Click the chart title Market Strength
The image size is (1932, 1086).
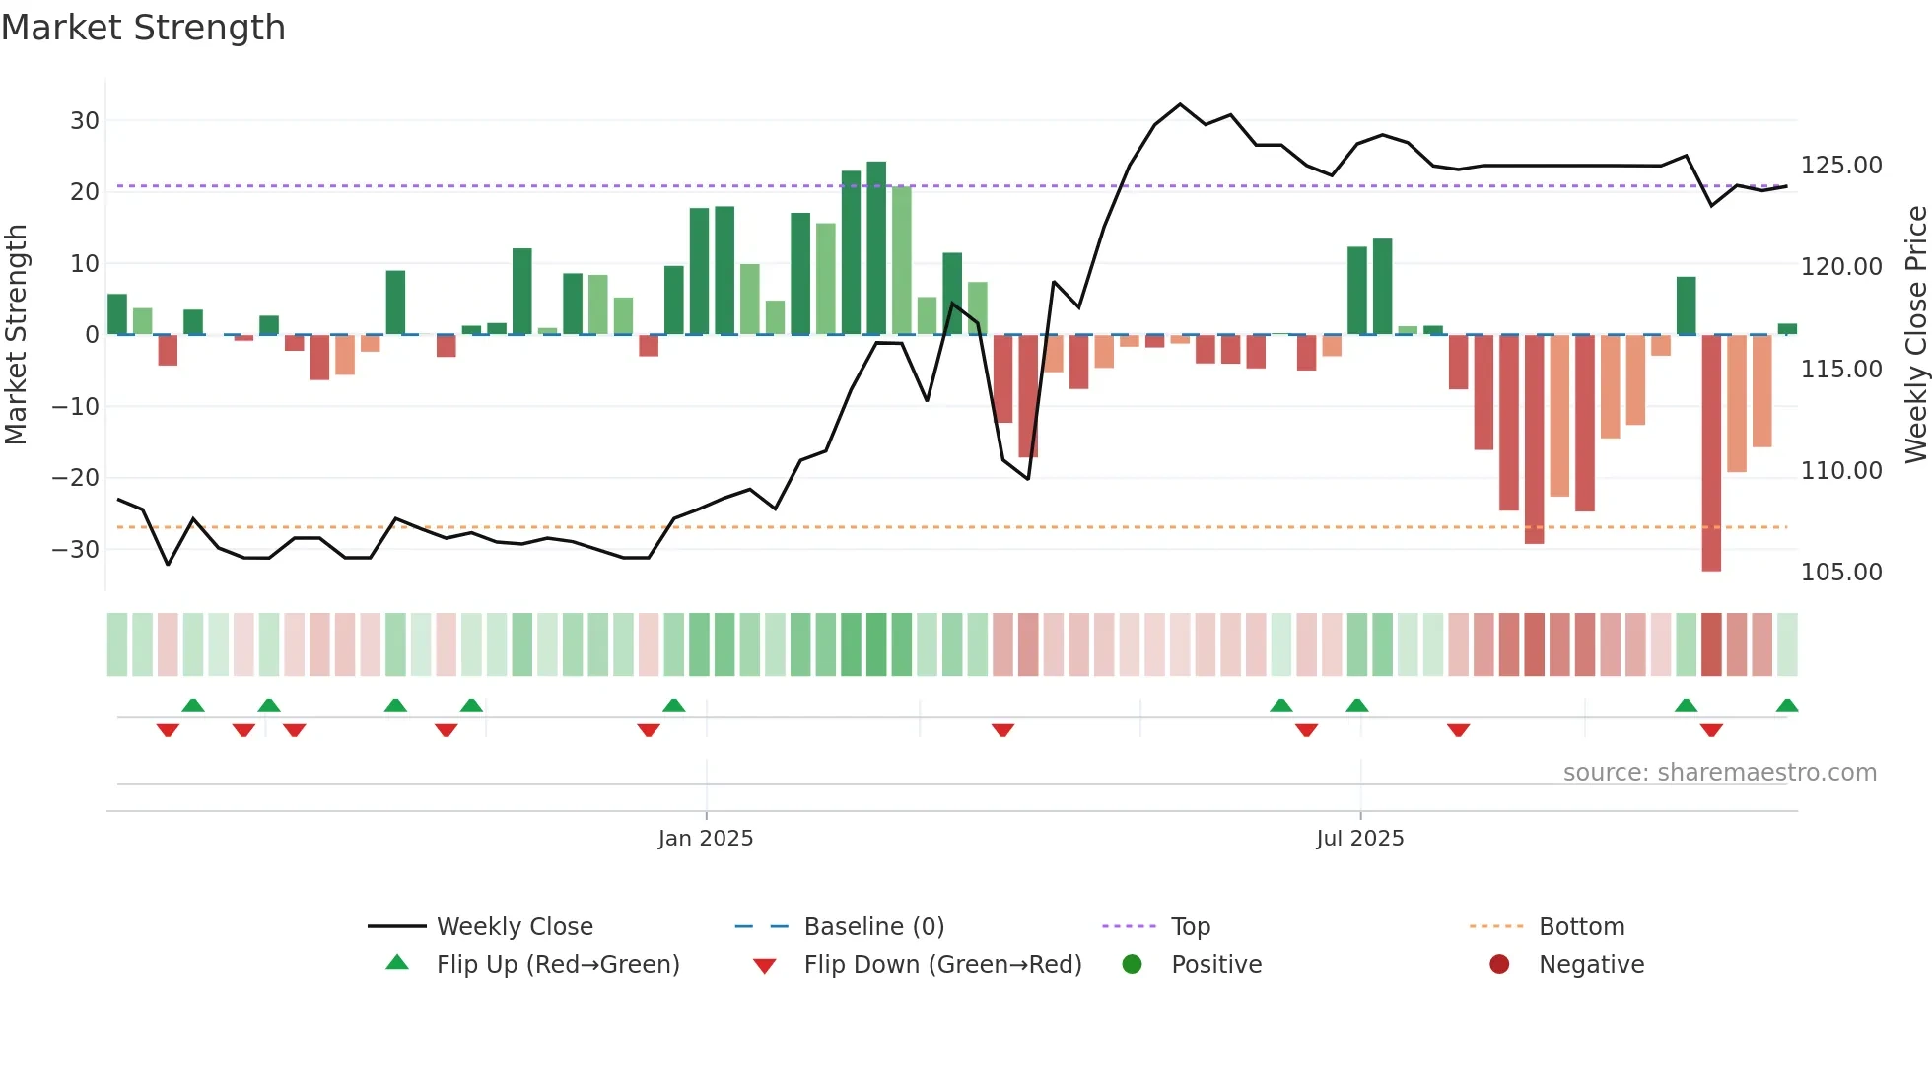pyautogui.click(x=143, y=28)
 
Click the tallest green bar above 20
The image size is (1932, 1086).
pyautogui.click(x=876, y=246)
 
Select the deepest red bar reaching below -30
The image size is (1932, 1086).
pyautogui.click(x=1711, y=453)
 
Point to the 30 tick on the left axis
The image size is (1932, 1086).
pyautogui.click(x=85, y=121)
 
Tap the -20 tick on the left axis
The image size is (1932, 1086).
pyautogui.click(x=76, y=478)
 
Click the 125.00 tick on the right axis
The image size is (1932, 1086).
pyautogui.click(x=1841, y=166)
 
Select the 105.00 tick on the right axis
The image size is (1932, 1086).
pyautogui.click(x=1841, y=573)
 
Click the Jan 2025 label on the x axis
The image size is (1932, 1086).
pyautogui.click(x=706, y=839)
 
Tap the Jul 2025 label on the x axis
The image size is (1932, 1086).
pyautogui.click(x=1359, y=839)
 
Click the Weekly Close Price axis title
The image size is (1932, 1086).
pyautogui.click(x=1915, y=335)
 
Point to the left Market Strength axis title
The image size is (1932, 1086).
pyautogui.click(x=16, y=335)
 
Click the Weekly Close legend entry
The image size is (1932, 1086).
pyautogui.click(x=515, y=927)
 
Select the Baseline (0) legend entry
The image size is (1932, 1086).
pyautogui.click(x=873, y=927)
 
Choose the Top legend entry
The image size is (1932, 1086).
pyautogui.click(x=1190, y=927)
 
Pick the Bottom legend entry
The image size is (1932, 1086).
pyautogui.click(x=1581, y=927)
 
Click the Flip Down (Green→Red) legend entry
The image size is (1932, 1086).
pyautogui.click(x=942, y=965)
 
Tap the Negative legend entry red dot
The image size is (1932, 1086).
pyautogui.click(x=1499, y=965)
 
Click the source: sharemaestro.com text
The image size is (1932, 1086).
pyautogui.click(x=1719, y=773)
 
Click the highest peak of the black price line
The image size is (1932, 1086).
pyautogui.click(x=1180, y=104)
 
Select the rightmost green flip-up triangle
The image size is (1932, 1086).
pyautogui.click(x=1787, y=706)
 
